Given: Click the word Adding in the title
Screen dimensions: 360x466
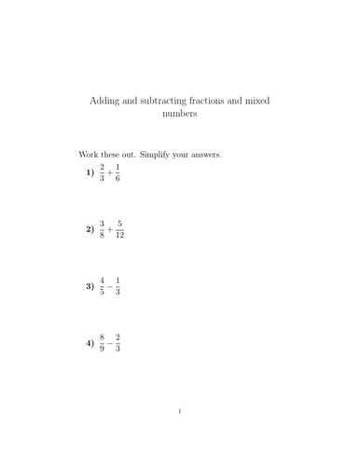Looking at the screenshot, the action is tap(104, 99).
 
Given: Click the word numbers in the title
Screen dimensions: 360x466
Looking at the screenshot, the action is tap(180, 116).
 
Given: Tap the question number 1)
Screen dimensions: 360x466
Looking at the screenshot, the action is tap(90, 172).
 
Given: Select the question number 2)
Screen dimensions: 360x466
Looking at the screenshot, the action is tap(90, 229).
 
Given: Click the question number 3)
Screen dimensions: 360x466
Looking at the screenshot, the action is tap(90, 286).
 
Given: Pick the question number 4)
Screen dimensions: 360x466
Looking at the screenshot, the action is tap(90, 343).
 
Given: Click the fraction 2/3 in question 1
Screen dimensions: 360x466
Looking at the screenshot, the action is tap(103, 172).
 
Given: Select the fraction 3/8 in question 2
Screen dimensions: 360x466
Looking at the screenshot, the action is tap(103, 229).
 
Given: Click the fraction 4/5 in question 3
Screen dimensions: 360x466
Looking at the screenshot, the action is tap(103, 286).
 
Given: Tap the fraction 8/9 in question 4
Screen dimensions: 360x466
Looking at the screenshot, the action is tap(103, 343).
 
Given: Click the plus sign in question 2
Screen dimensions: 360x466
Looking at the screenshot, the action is tap(111, 229).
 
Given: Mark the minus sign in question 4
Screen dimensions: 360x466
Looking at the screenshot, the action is tap(111, 343).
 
